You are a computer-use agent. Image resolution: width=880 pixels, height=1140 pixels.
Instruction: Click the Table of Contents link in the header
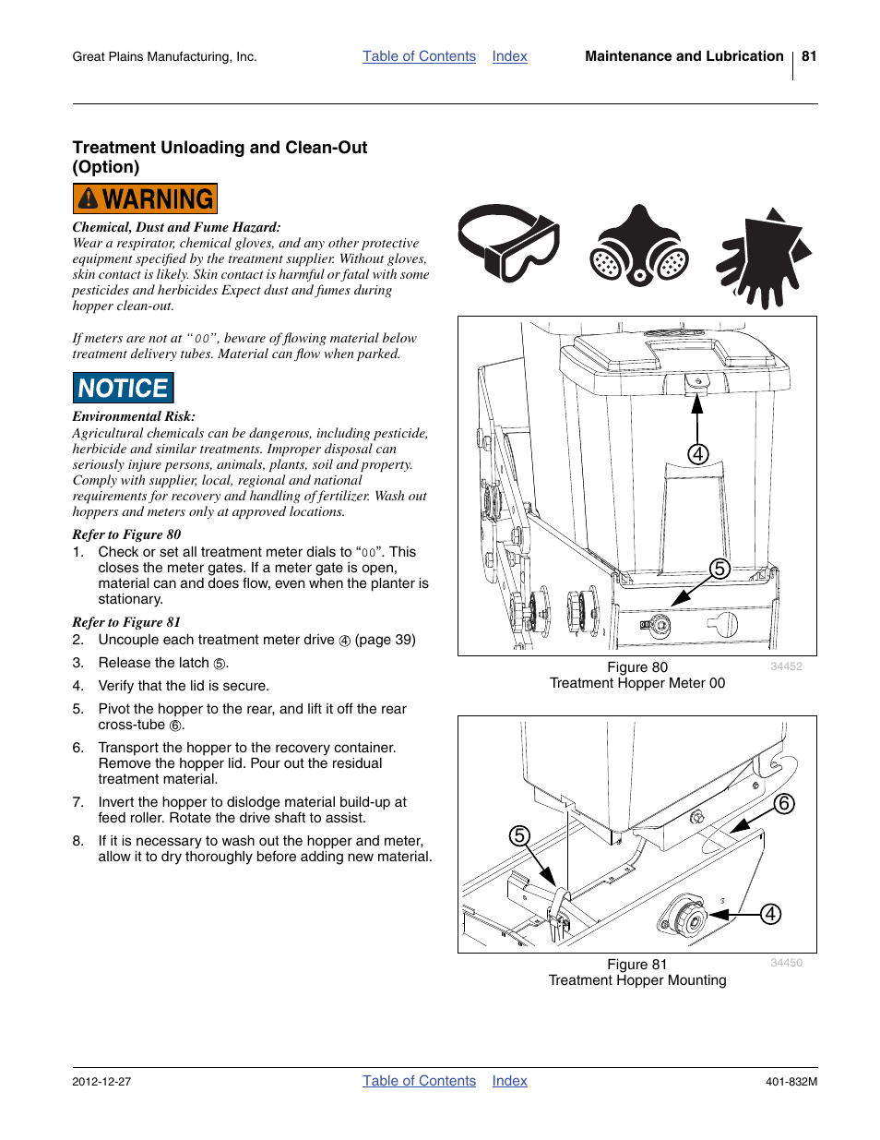[x=419, y=56]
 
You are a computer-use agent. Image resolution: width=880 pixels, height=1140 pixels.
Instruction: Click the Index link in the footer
[x=509, y=1081]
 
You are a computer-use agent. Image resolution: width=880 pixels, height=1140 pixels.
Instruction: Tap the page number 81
[x=809, y=56]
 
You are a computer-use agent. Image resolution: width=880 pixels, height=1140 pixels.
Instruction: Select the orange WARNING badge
[x=145, y=199]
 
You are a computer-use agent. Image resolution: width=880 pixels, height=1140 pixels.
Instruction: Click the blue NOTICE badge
[x=124, y=389]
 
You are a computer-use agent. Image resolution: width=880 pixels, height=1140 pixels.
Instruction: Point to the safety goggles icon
[x=509, y=242]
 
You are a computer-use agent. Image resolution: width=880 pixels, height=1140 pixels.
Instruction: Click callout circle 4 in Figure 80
[x=698, y=454]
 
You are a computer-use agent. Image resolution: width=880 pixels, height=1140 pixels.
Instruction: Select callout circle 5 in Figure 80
[x=719, y=569]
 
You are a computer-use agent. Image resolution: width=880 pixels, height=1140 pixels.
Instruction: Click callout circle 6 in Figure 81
[x=784, y=803]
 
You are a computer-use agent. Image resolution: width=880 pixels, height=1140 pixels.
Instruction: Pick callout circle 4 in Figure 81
[x=770, y=914]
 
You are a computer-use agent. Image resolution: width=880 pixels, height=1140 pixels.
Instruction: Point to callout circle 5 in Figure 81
[x=520, y=835]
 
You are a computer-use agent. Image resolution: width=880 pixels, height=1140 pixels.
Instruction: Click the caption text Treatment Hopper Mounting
[x=637, y=980]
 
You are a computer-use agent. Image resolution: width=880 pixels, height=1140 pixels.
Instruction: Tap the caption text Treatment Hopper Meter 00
[x=637, y=683]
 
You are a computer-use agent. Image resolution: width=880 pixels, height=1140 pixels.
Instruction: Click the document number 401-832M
[x=791, y=1082]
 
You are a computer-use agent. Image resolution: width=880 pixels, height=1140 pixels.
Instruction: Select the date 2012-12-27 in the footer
[x=101, y=1082]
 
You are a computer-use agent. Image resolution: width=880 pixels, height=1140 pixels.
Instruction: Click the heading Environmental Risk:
[x=134, y=416]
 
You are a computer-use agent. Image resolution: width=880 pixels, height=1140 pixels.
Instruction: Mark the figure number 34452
[x=786, y=666]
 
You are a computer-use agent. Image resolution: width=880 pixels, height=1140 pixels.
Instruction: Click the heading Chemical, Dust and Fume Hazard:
[x=176, y=227]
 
